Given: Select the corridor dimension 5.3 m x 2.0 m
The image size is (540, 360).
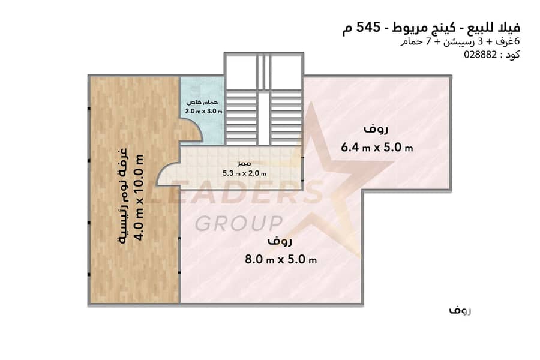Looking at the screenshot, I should coord(244,173).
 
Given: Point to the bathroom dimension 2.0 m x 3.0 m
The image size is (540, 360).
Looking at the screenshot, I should coord(203,111).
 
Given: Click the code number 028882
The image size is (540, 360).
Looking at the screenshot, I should coord(481,54).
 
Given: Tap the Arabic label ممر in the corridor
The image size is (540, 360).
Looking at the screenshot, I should coord(244,163).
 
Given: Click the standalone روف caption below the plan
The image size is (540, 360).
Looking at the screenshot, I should coord(460,311).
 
